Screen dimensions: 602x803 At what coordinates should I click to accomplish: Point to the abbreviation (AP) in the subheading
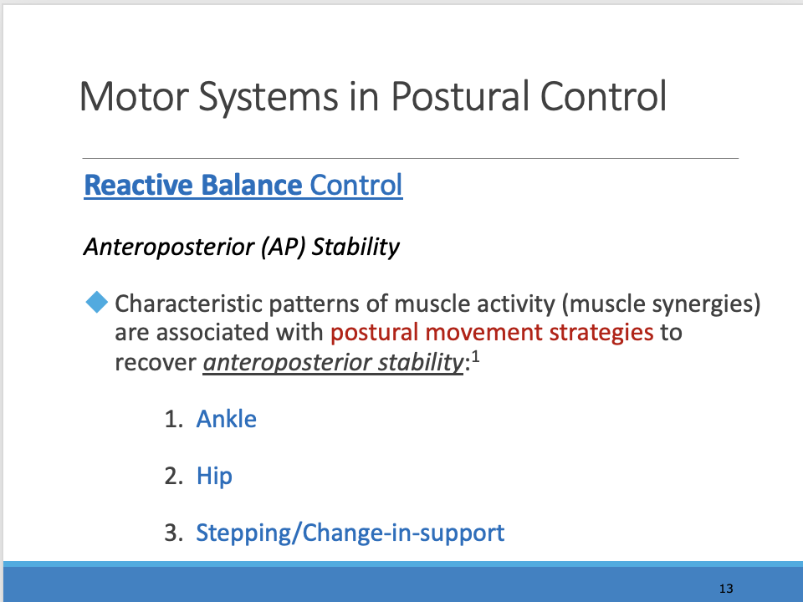[271, 248]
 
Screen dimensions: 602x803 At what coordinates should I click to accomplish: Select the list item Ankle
[226, 419]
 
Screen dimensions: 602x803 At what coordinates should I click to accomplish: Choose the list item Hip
[214, 477]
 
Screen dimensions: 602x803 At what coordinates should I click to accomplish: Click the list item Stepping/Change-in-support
[350, 533]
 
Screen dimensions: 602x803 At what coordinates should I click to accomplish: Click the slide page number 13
[725, 589]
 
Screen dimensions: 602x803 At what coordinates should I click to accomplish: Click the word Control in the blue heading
[355, 185]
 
